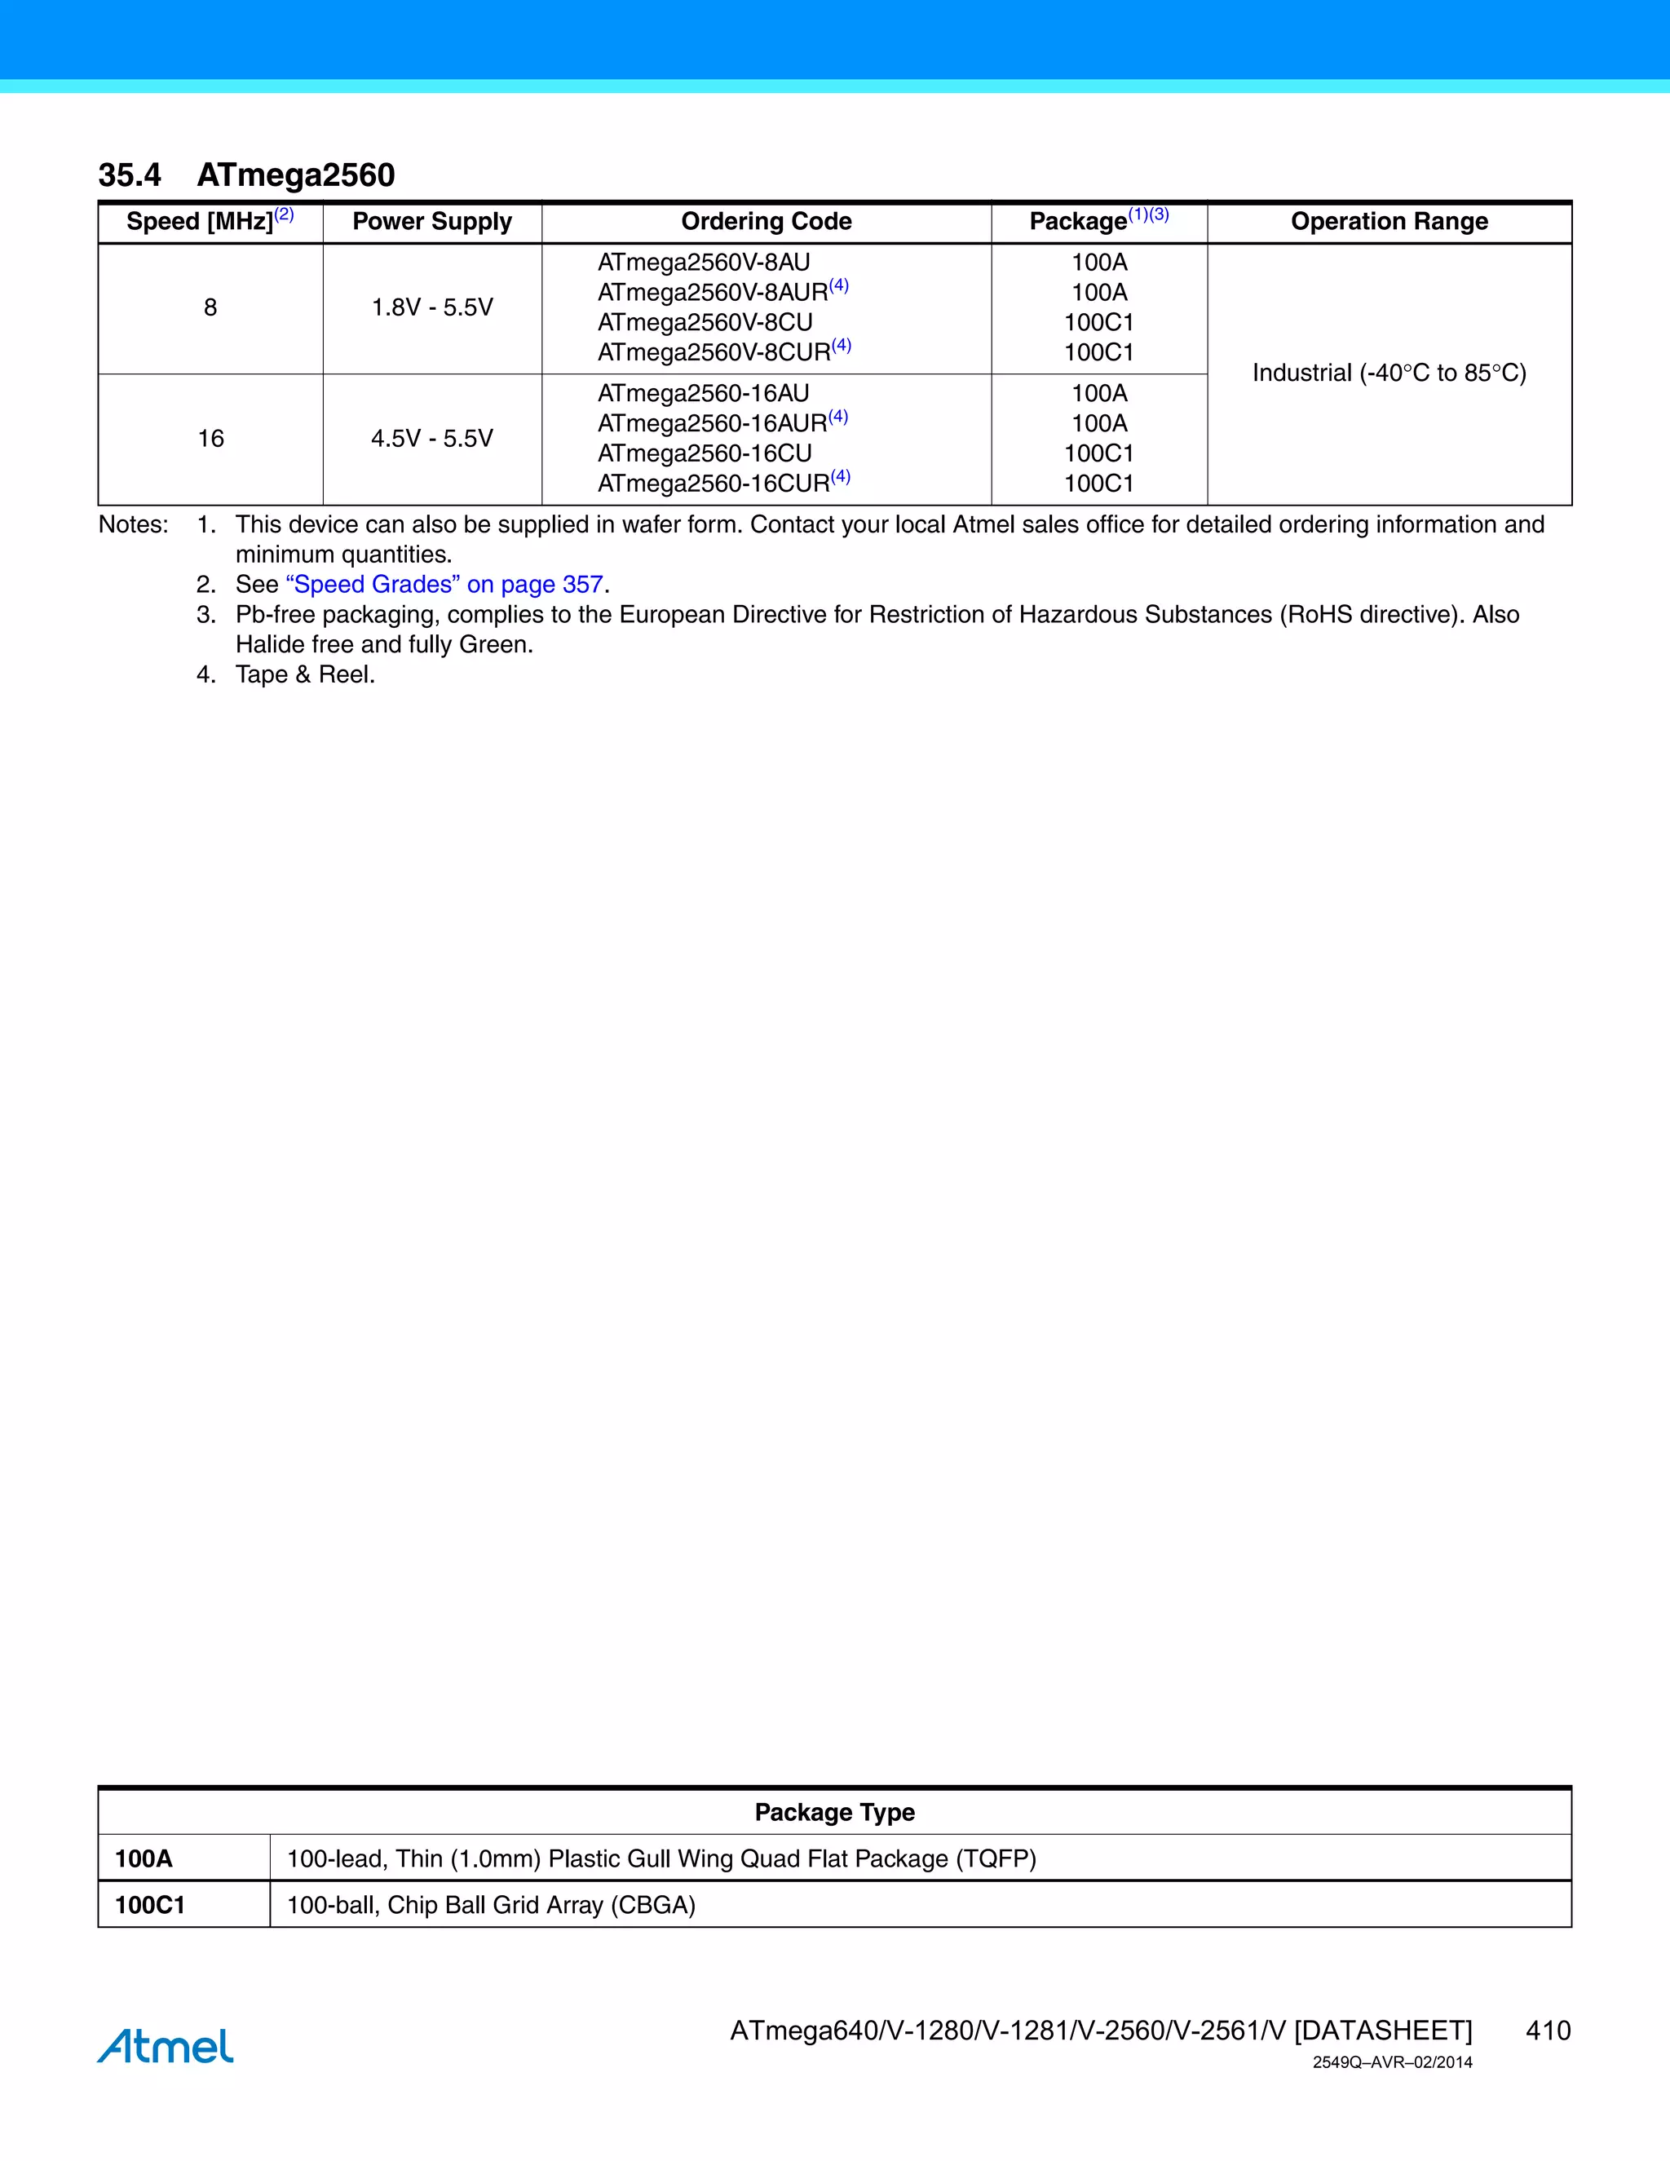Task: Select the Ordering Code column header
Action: pos(766,222)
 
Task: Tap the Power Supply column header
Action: pos(432,222)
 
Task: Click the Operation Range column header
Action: pos(1389,222)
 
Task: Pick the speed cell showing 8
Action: pos(210,307)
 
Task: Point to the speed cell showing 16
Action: pos(210,439)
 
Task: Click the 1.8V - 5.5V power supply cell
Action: pos(432,307)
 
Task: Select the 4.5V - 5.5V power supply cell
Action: pos(432,439)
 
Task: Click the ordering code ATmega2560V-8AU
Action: pos(704,263)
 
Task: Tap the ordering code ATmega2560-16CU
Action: pos(705,453)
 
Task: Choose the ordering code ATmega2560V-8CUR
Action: pos(714,352)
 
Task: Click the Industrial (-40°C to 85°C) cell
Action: pos(1389,373)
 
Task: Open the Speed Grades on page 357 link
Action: pos(444,585)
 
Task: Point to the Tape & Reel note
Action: pos(305,675)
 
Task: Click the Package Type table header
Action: pos(834,1812)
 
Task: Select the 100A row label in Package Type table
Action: pos(144,1858)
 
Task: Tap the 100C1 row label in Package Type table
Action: pos(149,1905)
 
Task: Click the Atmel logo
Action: pos(166,2045)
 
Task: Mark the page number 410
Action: pos(1548,2031)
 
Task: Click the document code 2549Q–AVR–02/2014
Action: pos(1392,2062)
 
